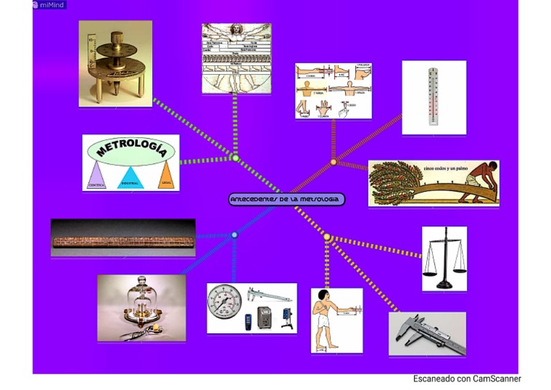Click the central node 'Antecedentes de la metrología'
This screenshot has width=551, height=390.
[x=287, y=199]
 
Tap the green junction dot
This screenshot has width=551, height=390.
[x=235, y=158]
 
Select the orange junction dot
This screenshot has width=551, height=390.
[x=334, y=162]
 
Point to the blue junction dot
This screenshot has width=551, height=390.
[x=235, y=235]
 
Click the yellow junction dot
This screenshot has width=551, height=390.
[x=327, y=237]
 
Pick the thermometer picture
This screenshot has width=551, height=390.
[x=433, y=97]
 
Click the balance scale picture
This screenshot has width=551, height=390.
[x=444, y=259]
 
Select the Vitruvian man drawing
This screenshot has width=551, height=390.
[x=236, y=58]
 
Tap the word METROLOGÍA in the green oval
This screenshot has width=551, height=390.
[x=131, y=149]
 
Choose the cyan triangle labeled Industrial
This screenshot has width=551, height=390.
[x=131, y=177]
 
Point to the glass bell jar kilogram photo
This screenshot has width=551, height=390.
[x=141, y=307]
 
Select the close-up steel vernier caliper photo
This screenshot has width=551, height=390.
[x=427, y=333]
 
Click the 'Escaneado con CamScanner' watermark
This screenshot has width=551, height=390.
[x=466, y=379]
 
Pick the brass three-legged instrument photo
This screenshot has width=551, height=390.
[x=115, y=63]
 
